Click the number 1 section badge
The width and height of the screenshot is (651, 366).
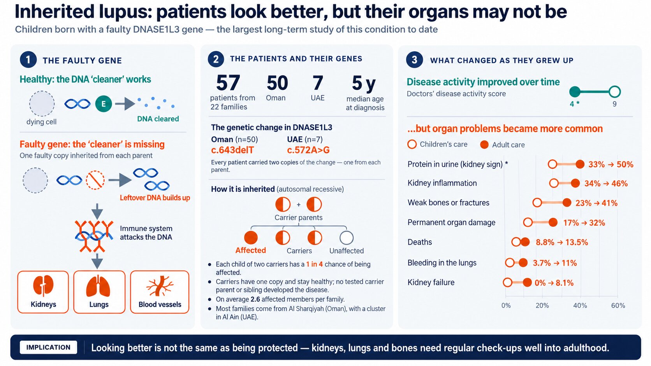pos(28,60)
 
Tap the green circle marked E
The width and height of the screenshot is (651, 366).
pos(104,103)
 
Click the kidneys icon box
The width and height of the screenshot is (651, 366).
pos(43,292)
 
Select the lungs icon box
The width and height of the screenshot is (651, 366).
pos(99,292)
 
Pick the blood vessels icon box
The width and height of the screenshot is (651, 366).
pos(160,292)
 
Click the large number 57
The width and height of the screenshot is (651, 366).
pos(228,83)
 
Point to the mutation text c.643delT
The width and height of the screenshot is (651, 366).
pos(232,150)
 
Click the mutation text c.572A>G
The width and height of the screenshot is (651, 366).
pos(308,150)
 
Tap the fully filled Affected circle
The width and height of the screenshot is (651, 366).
pos(251,238)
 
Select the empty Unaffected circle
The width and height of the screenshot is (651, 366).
pos(347,238)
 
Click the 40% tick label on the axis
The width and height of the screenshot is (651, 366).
pos(580,306)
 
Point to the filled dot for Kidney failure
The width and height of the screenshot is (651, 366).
pos(527,282)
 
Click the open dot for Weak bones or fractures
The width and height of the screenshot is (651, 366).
pos(537,203)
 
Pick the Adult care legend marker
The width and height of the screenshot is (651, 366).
pos(484,145)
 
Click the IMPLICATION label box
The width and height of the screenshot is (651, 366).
pos(48,347)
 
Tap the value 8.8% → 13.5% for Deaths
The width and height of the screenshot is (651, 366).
pos(562,242)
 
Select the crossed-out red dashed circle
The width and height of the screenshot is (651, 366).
pos(95,180)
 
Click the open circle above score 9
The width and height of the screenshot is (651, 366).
pos(614,92)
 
